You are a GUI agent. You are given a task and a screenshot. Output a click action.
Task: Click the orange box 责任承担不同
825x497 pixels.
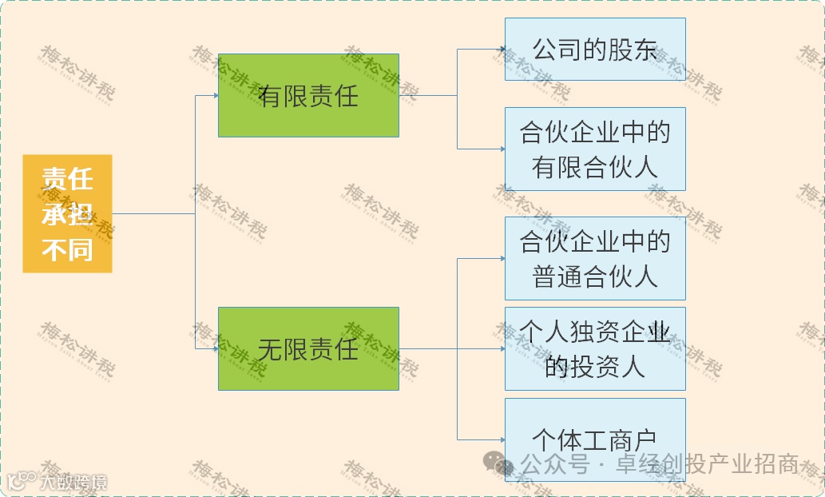click(67, 213)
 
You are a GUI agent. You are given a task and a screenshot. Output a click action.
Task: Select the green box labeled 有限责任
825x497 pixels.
click(308, 95)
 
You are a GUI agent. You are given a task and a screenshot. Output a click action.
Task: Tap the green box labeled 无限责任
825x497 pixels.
click(308, 348)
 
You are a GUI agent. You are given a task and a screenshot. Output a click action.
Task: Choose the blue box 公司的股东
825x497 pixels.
click(595, 49)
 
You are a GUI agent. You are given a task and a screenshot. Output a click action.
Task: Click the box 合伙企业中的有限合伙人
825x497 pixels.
click(595, 149)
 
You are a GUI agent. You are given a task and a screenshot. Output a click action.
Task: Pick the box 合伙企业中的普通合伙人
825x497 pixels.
click(595, 258)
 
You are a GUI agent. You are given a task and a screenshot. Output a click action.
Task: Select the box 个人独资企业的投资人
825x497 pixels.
click(595, 348)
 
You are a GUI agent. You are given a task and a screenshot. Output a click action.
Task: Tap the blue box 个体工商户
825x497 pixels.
click(595, 439)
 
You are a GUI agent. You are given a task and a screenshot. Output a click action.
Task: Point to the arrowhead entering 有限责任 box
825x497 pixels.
click(215, 95)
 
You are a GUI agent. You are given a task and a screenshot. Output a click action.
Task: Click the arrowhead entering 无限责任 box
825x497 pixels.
click(215, 348)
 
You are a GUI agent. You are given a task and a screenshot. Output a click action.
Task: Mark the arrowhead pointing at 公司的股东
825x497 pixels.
click(502, 50)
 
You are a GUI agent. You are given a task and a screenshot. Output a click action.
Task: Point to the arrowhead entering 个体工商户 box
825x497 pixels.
click(502, 439)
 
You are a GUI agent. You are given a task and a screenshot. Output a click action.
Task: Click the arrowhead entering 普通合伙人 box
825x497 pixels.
click(502, 258)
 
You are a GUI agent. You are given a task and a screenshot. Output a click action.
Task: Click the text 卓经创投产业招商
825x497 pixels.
click(707, 464)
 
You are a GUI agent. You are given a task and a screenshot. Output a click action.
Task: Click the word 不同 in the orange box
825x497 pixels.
click(67, 250)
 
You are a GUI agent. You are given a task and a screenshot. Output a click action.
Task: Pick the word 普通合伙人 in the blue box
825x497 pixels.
click(595, 276)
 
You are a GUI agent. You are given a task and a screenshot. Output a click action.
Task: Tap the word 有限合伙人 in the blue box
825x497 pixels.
click(595, 167)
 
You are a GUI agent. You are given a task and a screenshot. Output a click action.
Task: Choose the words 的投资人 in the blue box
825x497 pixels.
click(595, 366)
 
